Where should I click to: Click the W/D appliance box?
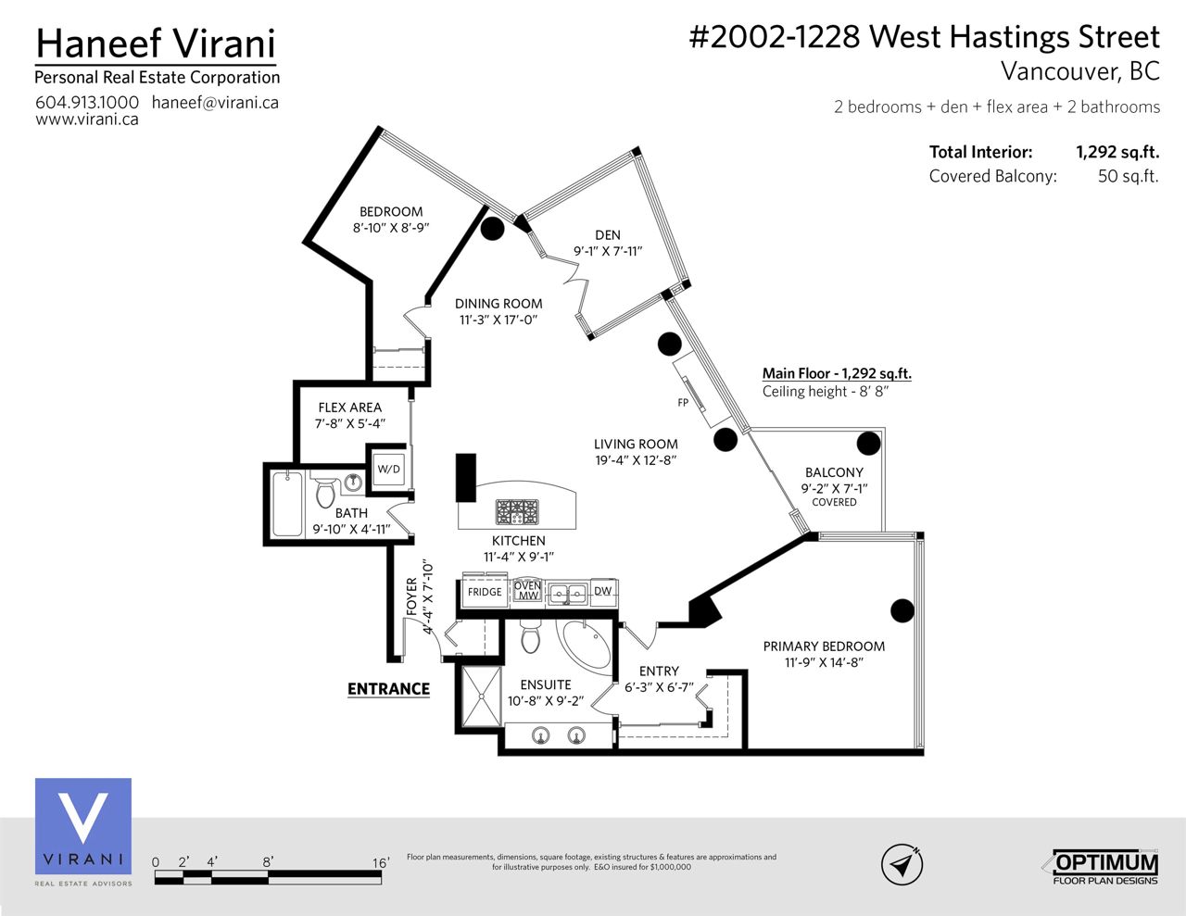click(388, 469)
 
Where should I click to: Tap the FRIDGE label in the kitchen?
click(484, 592)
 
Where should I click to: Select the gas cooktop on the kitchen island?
click(517, 512)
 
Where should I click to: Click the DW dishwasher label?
click(602, 590)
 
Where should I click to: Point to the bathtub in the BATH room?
click(287, 504)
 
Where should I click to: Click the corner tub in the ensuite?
click(584, 646)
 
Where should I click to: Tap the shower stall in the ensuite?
click(481, 696)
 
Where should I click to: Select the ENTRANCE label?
click(388, 689)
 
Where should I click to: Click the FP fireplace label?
click(683, 403)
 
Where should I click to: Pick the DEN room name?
click(608, 235)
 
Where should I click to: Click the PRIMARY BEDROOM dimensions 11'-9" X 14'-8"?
click(824, 662)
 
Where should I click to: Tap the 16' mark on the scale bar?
click(381, 862)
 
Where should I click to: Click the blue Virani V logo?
click(83, 826)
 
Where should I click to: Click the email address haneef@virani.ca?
click(215, 103)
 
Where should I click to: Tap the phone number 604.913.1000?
click(87, 103)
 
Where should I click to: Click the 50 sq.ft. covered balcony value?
click(1129, 176)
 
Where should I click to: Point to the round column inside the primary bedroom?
click(902, 610)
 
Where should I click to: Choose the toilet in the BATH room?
click(325, 493)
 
